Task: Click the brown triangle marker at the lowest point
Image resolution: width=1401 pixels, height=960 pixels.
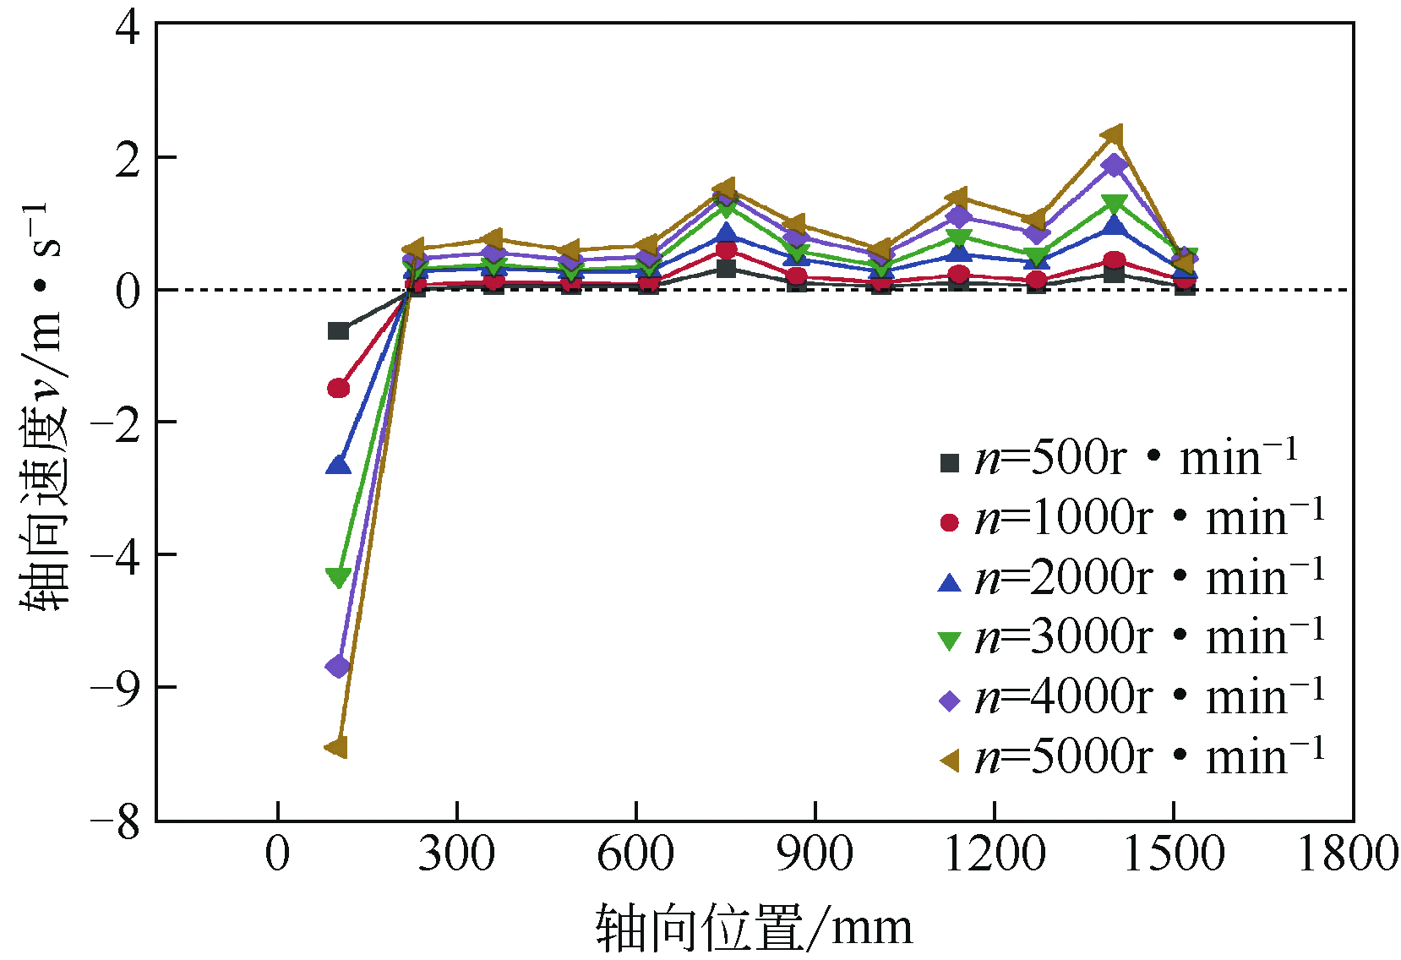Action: click(x=337, y=747)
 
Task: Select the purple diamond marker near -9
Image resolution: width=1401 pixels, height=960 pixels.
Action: click(x=338, y=667)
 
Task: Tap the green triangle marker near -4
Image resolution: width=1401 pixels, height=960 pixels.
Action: click(x=338, y=577)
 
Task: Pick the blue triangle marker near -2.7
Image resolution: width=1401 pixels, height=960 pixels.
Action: click(x=338, y=465)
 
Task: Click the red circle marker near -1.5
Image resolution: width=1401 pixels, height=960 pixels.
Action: click(x=338, y=388)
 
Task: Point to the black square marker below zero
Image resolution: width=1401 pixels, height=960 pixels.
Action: click(x=338, y=330)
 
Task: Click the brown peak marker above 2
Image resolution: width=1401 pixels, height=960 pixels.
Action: click(x=1113, y=135)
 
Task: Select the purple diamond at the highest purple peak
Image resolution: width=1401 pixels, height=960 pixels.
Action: click(x=1115, y=165)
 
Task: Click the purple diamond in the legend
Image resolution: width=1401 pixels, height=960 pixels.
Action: click(x=950, y=700)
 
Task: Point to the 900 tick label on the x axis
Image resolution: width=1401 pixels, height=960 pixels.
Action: click(x=815, y=854)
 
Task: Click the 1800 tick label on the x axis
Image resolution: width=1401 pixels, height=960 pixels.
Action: click(x=1348, y=854)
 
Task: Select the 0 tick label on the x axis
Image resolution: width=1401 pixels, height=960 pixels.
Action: click(x=277, y=854)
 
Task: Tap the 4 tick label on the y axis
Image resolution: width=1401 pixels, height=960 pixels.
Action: click(x=128, y=28)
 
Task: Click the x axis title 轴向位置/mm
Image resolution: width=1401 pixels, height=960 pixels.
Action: click(x=754, y=928)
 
